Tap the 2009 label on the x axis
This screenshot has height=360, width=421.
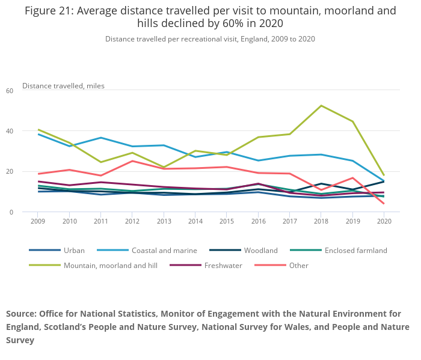(38, 222)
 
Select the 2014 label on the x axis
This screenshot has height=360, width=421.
(195, 222)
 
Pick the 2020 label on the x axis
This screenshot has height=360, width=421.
(384, 222)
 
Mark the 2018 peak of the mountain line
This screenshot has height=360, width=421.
(321, 106)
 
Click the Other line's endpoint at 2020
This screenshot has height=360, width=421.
(384, 203)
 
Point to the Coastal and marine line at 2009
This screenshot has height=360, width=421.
(38, 134)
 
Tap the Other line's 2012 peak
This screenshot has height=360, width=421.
(132, 161)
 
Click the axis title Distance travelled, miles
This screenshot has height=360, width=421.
(63, 85)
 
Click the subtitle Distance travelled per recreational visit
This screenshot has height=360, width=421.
(174, 38)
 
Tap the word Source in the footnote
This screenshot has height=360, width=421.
(20, 314)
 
